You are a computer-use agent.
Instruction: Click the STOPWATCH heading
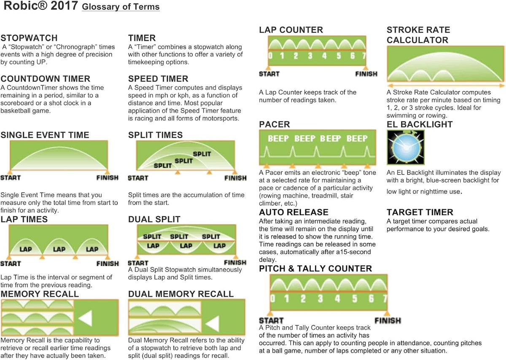point(29,38)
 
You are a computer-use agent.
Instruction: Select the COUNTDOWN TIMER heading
point(46,79)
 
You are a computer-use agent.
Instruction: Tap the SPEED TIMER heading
point(158,79)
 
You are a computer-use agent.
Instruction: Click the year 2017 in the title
point(65,5)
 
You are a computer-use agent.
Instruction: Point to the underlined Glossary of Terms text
point(121,7)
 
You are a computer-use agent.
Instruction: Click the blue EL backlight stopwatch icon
point(406,147)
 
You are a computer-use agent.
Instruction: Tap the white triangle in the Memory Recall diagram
point(86,318)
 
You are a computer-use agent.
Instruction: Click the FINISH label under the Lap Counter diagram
point(366,74)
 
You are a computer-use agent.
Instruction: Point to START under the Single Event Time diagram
point(11,178)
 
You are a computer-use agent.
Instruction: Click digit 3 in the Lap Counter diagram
point(310,56)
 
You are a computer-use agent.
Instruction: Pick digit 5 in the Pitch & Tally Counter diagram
point(355,298)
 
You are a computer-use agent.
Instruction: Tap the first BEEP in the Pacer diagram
point(278,138)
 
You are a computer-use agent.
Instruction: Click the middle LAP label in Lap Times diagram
point(59,249)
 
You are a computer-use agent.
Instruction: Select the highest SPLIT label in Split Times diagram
point(202,154)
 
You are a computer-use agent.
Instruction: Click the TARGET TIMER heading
point(420,212)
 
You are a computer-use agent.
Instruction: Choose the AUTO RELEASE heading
point(293,212)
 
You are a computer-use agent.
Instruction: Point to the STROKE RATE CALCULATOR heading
point(418,35)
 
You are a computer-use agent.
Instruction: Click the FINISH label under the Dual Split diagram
point(235,263)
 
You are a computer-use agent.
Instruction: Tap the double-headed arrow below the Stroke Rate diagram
point(446,86)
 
